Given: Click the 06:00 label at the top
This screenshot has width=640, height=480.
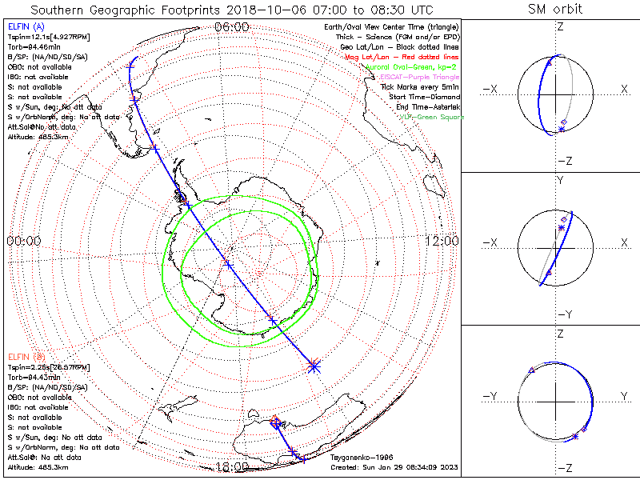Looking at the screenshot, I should [232, 26].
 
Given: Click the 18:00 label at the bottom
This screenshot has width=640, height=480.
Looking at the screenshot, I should [233, 466].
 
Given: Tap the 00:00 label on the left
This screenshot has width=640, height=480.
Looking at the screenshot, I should [24, 240].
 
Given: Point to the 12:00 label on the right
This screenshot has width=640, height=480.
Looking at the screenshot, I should [441, 240].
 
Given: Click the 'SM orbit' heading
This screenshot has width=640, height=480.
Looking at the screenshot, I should [555, 10].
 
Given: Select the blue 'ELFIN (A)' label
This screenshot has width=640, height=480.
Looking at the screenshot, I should [25, 26].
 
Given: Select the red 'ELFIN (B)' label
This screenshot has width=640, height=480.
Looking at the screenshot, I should [25, 356].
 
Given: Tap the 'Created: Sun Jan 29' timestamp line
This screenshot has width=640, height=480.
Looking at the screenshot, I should [395, 466].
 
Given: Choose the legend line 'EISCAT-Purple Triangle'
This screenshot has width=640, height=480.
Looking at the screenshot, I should [420, 77].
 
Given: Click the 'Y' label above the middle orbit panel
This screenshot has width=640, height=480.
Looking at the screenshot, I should [560, 181].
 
